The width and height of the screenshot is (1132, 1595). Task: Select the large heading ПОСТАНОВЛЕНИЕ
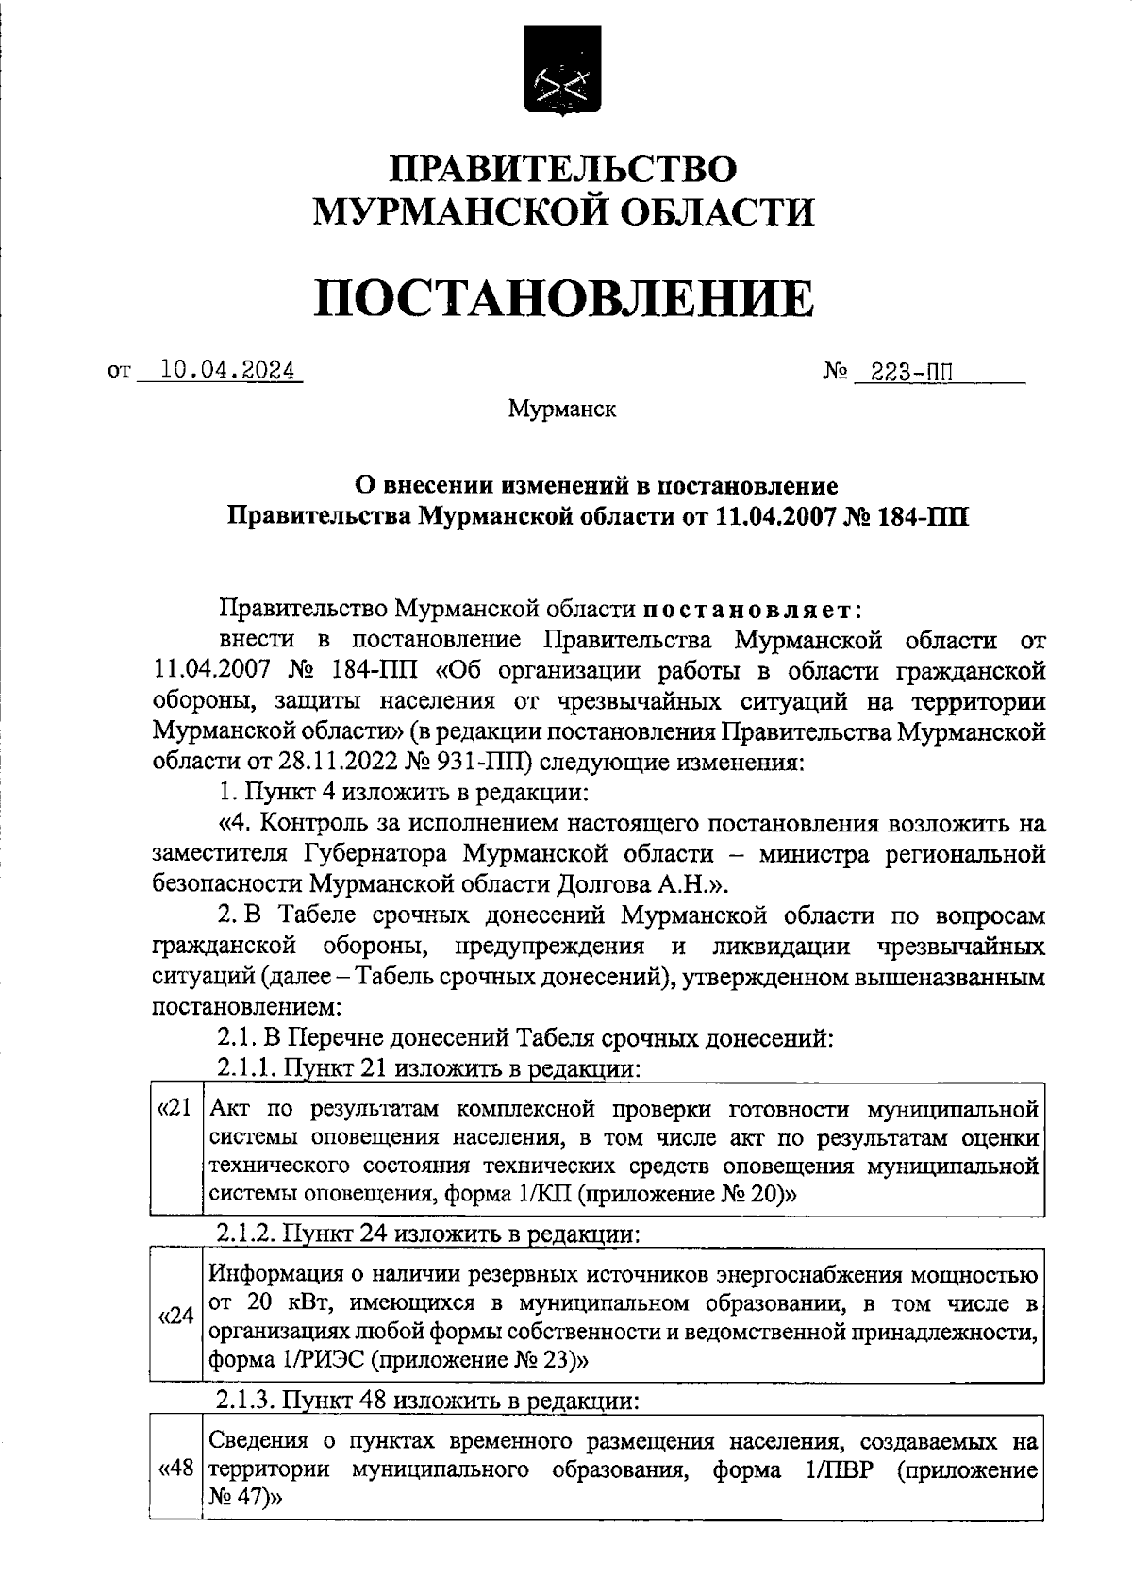click(x=563, y=298)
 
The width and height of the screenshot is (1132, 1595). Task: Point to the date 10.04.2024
click(x=226, y=371)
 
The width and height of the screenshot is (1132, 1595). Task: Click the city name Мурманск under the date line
click(x=562, y=410)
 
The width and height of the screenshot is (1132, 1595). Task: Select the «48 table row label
click(x=176, y=1469)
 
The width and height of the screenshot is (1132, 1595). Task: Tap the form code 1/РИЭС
click(x=318, y=1360)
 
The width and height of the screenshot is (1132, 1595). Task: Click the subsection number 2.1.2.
click(x=247, y=1234)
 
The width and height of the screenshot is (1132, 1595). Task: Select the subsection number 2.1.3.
click(x=247, y=1401)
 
